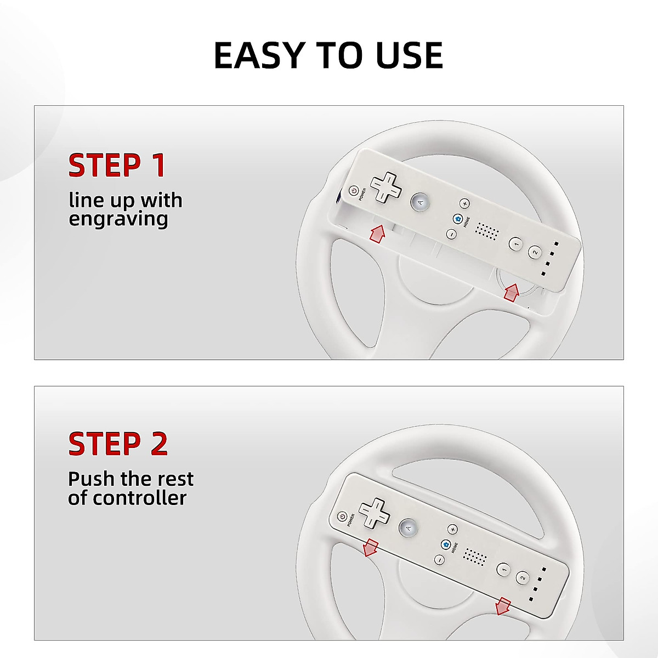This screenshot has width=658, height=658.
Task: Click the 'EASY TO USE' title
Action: [328, 55]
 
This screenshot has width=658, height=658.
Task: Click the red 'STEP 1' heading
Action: [117, 166]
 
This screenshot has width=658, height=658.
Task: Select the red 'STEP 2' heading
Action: [118, 444]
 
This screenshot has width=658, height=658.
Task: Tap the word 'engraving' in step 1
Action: [118, 219]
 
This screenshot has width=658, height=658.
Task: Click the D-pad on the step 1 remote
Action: [386, 188]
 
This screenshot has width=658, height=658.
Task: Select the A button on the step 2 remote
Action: [408, 528]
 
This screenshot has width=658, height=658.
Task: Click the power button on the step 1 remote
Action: [354, 191]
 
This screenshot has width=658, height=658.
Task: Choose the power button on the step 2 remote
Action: [342, 517]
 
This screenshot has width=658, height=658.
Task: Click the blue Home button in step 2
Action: [445, 544]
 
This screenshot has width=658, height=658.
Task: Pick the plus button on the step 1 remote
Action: [464, 203]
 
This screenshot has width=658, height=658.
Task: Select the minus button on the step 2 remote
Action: [439, 560]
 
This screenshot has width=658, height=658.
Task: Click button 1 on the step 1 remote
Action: [515, 243]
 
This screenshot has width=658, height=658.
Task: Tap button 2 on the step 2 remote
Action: [523, 578]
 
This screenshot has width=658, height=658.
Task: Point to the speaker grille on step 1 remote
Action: [486, 231]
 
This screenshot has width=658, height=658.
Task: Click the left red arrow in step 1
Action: [377, 233]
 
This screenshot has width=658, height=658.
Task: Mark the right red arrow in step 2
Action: [502, 606]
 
